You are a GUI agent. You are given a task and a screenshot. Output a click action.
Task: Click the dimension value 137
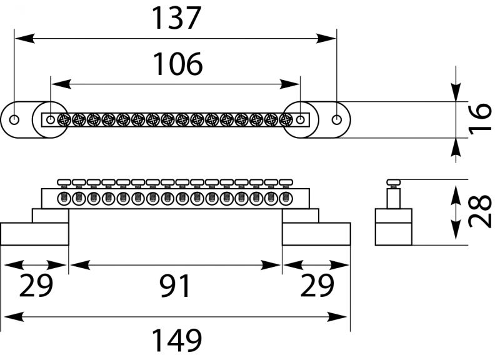point(177,18)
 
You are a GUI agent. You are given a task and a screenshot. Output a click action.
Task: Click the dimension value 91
point(175,286)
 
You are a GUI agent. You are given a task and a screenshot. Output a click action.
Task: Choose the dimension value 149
point(177,341)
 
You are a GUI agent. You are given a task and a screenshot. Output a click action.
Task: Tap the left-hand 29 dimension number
point(36,286)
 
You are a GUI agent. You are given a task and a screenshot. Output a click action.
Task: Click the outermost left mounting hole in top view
point(15,119)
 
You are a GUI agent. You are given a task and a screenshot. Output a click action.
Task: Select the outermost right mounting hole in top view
point(337,119)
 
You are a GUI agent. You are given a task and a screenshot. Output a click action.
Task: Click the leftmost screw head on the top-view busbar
point(63,119)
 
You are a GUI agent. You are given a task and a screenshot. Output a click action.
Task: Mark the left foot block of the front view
point(34,233)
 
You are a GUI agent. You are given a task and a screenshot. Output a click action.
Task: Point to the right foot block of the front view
point(316,233)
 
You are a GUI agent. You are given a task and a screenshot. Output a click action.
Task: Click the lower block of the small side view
point(393,226)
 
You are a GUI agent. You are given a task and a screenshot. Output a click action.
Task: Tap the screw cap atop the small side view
point(393,181)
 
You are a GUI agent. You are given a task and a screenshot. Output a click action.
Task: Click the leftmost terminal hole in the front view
point(64,199)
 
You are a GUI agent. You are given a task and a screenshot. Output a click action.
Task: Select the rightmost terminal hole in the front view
point(286,199)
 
